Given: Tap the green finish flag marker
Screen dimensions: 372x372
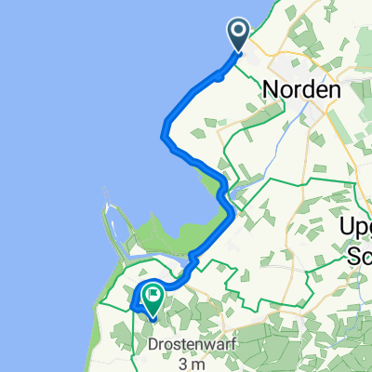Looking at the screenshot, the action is (x=150, y=297).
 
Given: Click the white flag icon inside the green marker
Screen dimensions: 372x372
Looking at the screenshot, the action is (x=150, y=293).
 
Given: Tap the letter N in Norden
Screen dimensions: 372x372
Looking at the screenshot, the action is (x=272, y=90).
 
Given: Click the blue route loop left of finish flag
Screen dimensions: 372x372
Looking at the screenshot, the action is (x=137, y=299).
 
